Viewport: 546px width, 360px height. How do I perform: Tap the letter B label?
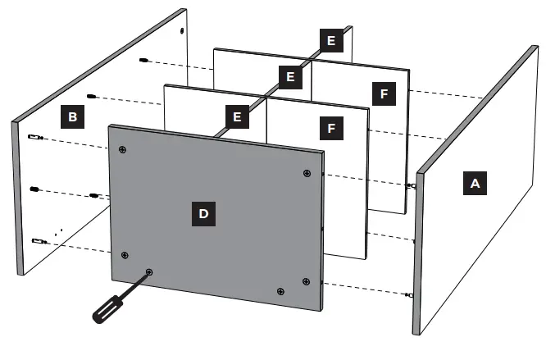pos(73,118)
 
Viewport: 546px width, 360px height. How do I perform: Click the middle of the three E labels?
pos(288,77)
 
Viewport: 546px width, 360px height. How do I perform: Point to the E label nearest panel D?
pos(237,117)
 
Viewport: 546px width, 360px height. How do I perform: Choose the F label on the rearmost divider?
pos(381,93)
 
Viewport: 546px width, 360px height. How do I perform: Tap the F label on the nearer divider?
pos(331,129)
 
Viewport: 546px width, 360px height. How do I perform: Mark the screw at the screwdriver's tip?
pos(148,271)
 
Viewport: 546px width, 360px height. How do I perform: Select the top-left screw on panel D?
pos(122,149)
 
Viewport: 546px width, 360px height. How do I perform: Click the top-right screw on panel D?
pos(307,173)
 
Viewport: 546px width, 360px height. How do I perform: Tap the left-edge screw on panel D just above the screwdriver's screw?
pos(125,255)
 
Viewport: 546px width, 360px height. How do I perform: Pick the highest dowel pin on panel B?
pos(143,62)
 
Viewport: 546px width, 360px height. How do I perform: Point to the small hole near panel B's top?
pos(180,31)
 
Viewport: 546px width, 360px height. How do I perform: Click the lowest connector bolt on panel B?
pos(35,240)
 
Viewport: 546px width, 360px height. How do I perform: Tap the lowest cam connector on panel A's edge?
pos(407,294)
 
